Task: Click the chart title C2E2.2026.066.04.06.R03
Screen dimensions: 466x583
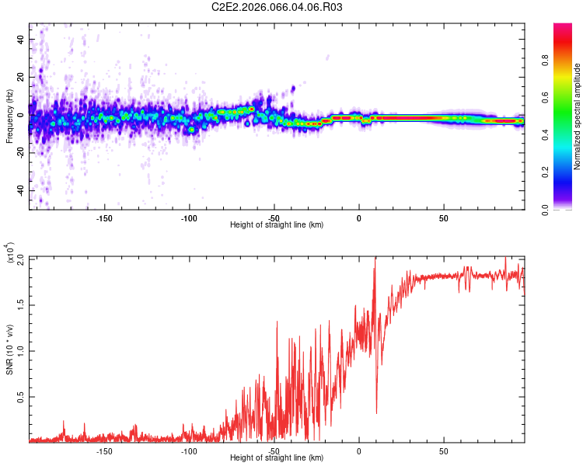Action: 278,8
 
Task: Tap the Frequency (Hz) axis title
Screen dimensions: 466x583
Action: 10,116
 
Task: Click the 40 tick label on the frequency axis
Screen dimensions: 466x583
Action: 21,40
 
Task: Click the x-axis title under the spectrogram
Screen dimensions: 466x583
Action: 277,225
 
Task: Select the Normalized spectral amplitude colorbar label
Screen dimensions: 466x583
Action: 578,116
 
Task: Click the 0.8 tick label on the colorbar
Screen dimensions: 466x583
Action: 568,61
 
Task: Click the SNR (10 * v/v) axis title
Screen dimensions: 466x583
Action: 10,349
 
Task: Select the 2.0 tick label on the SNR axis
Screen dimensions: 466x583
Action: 21,258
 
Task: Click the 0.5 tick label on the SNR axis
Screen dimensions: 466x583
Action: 21,396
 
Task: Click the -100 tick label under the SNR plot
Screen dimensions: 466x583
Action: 189,450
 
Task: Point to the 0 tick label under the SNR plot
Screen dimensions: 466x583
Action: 358,450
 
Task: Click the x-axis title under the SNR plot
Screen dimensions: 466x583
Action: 277,458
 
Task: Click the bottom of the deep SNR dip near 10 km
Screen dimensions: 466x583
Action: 377,413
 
